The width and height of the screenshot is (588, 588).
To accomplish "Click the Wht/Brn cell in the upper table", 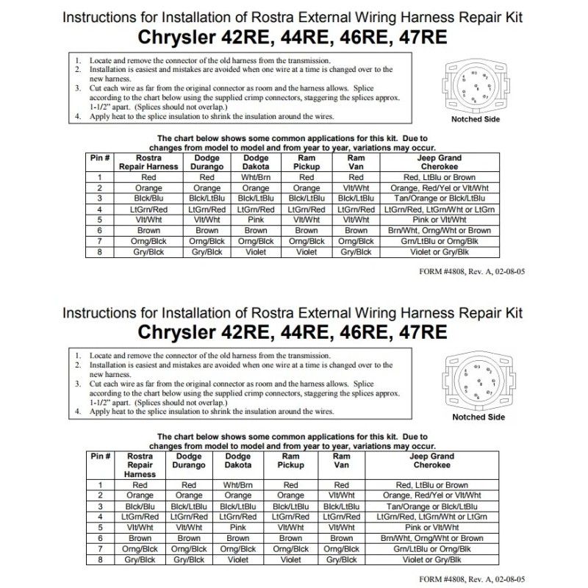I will coord(256,177).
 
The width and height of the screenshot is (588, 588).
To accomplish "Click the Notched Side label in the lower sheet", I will coord(478,417).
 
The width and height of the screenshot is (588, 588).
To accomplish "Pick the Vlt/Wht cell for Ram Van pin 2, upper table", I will coord(356,187).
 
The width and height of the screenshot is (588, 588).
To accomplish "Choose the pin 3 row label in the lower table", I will coord(99,506).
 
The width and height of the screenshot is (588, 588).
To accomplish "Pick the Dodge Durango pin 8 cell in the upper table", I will coord(207,252).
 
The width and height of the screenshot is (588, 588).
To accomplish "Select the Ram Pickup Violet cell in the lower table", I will coord(290,559).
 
